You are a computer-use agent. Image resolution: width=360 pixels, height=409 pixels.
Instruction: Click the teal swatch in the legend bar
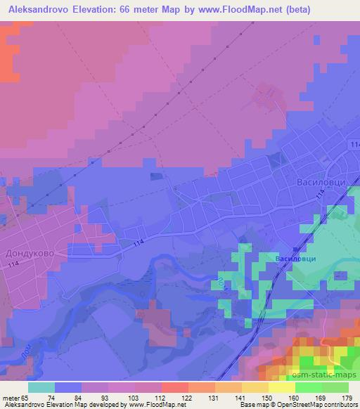[x=41, y=387]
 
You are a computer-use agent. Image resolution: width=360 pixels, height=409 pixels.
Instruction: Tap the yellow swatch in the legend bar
[x=281, y=387]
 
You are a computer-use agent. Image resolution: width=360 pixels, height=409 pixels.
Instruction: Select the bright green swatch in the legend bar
[x=308, y=387]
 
